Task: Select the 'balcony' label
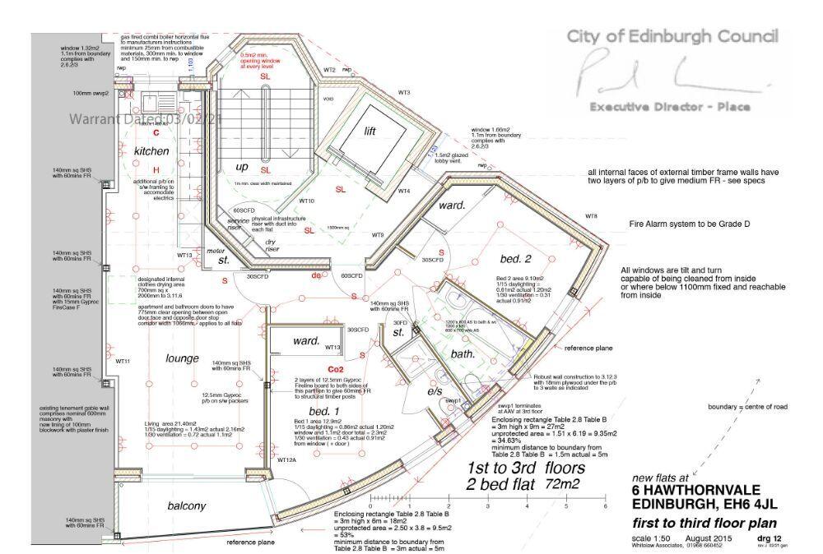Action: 186,506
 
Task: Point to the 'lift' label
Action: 375,131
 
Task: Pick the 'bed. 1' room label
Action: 324,410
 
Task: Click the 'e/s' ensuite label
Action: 434,392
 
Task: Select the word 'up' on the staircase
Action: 243,166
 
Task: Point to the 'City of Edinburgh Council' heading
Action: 672,36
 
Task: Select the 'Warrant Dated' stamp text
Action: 146,119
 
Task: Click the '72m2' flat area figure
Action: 565,485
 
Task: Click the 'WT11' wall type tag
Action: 123,362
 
